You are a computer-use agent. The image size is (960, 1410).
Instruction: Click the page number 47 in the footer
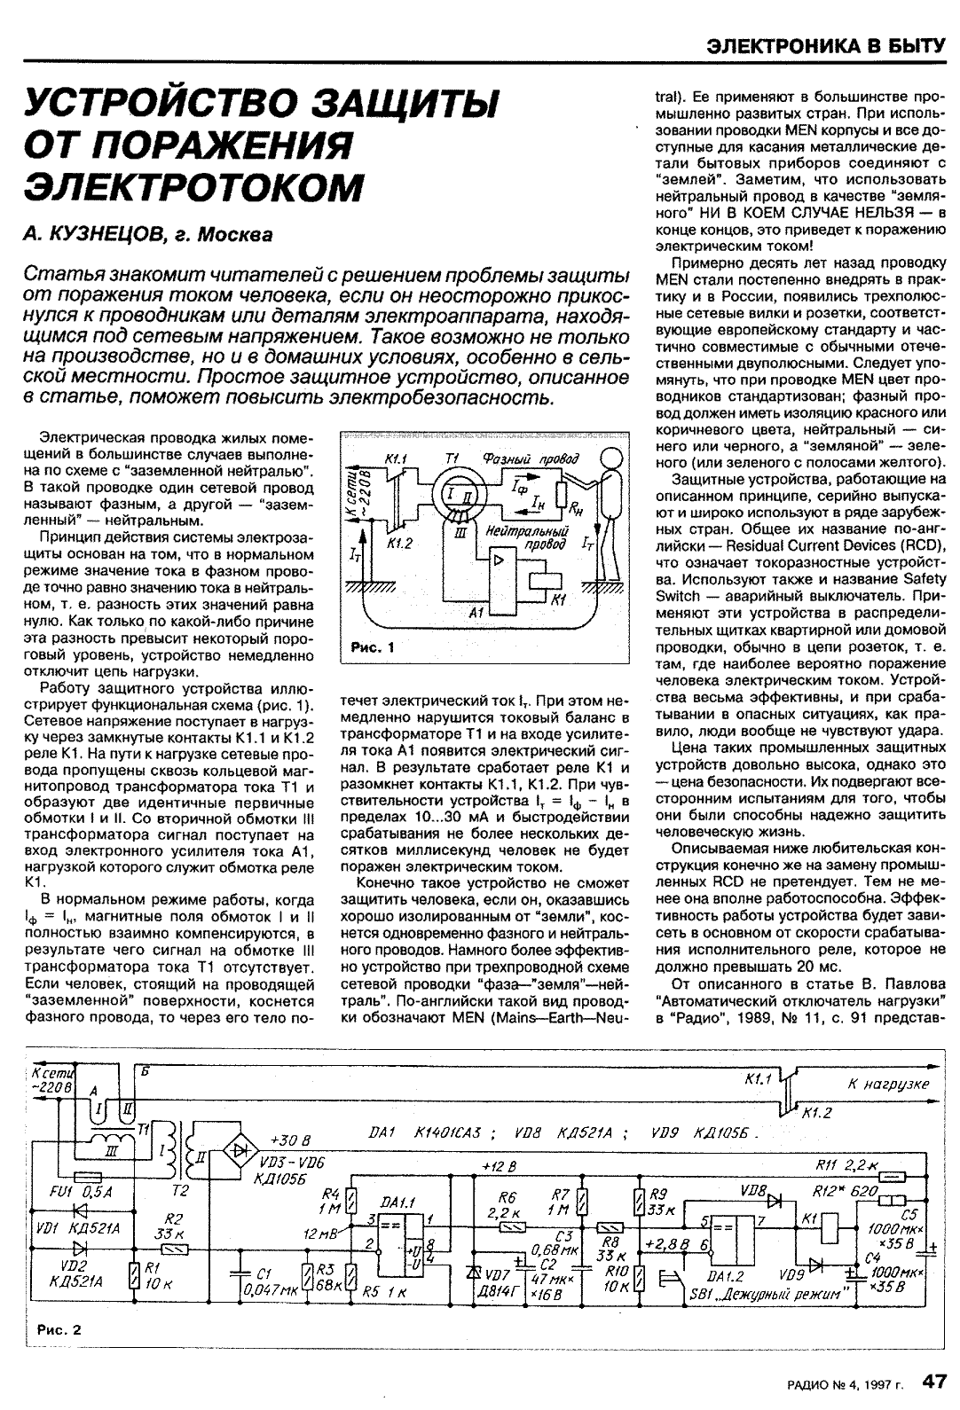tap(933, 1380)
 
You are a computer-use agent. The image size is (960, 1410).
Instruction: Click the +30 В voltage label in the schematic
tap(289, 1140)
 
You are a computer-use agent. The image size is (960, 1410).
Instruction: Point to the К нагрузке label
tap(887, 1084)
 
